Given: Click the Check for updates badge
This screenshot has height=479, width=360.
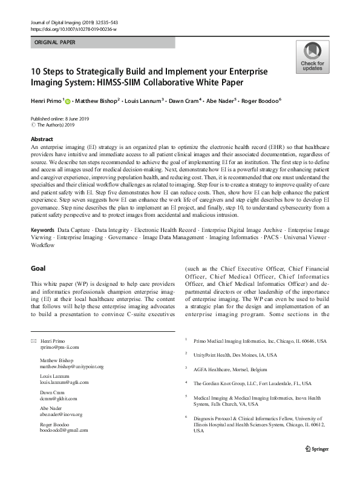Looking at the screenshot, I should click(312, 57).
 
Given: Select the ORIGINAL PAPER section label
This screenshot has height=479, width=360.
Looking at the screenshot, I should click(56, 43).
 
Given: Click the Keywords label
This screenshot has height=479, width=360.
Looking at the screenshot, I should click(42, 248).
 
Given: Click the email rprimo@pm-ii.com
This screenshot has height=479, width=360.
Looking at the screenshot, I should click(59, 348).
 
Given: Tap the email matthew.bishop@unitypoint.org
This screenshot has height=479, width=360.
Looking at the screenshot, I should click(71, 366).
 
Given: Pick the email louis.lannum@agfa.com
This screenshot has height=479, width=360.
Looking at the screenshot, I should click(64, 382).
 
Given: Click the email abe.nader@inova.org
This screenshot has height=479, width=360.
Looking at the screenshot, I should click(61, 414).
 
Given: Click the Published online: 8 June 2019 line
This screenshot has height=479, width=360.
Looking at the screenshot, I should click(60, 119).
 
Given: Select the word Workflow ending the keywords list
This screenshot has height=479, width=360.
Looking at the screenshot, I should click(42, 262).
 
